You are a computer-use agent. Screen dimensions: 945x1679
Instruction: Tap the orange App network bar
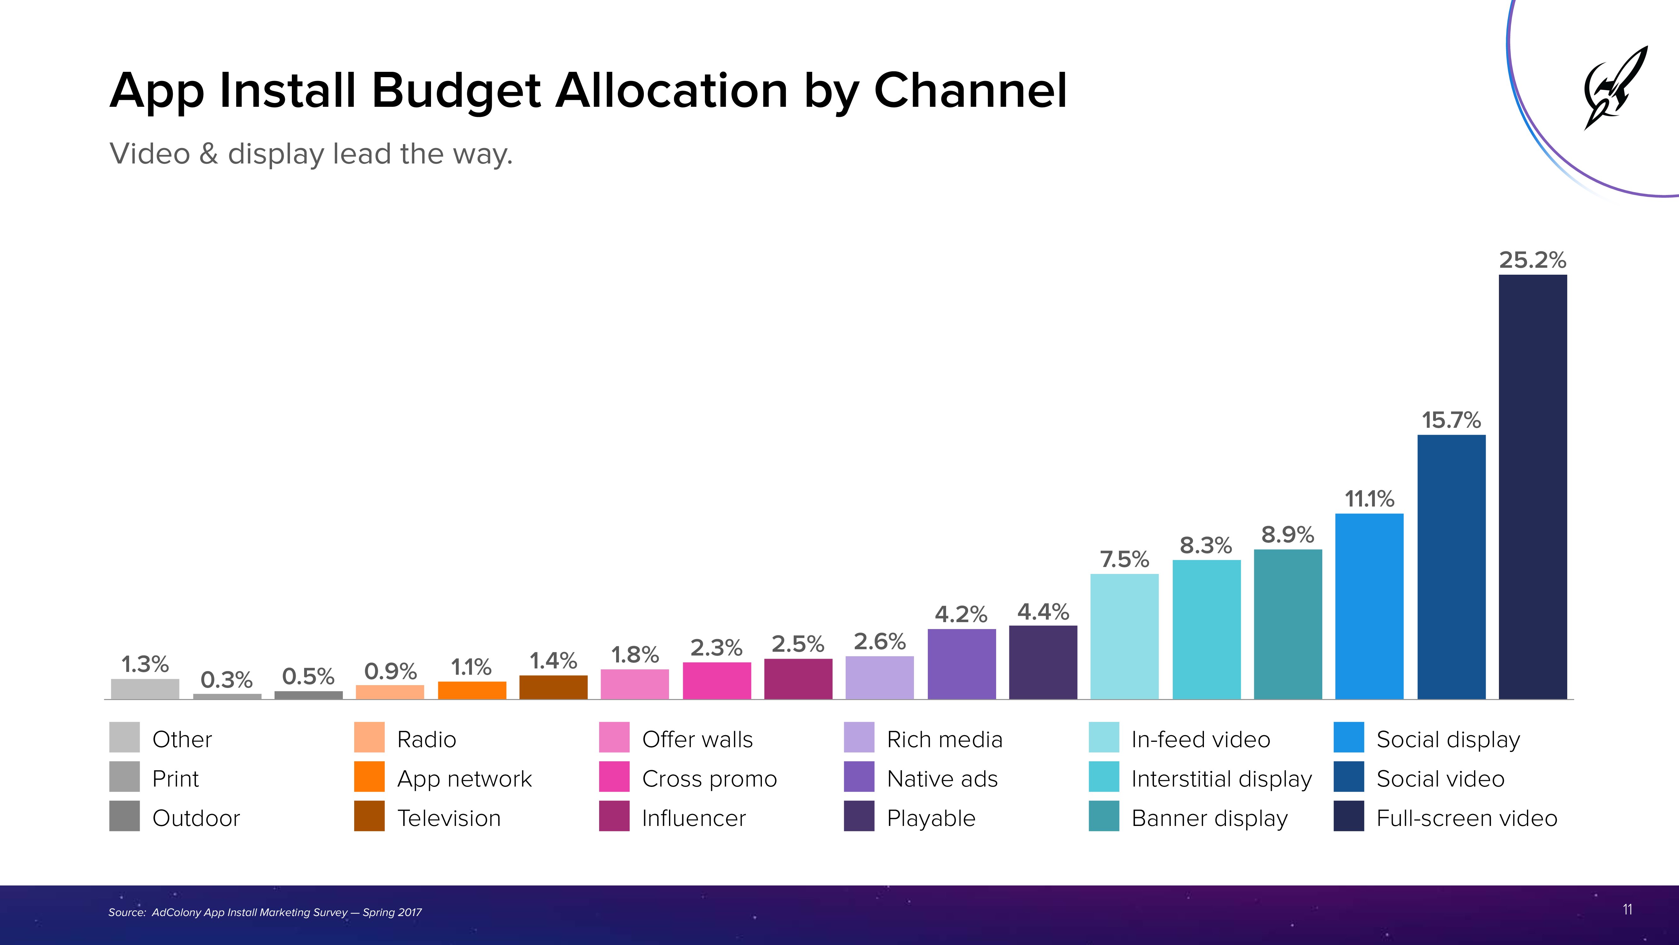(472, 690)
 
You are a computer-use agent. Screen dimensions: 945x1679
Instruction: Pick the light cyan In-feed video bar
(1124, 636)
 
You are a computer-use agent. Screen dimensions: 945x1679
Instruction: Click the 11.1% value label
(1370, 499)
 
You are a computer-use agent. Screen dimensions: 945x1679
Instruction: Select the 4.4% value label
(1043, 612)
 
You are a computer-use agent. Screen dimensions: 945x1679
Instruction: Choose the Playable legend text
(931, 818)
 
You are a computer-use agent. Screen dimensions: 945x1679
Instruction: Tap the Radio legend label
(426, 740)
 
